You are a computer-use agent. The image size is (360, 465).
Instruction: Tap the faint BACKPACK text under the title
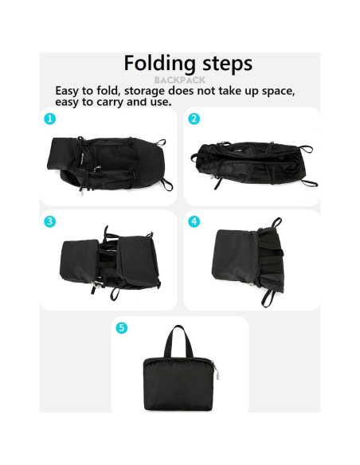point(179,80)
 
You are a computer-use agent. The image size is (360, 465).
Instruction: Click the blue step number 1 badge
point(50,119)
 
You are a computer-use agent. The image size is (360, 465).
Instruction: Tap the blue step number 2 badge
point(194,119)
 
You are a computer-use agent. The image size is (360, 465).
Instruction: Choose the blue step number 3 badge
point(50,221)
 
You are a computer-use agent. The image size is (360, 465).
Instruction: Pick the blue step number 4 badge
point(194,221)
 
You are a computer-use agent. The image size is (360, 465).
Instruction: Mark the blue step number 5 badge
point(122,327)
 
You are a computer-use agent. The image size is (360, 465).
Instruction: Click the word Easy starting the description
point(69,90)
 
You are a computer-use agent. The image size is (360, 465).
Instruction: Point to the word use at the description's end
point(159,101)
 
